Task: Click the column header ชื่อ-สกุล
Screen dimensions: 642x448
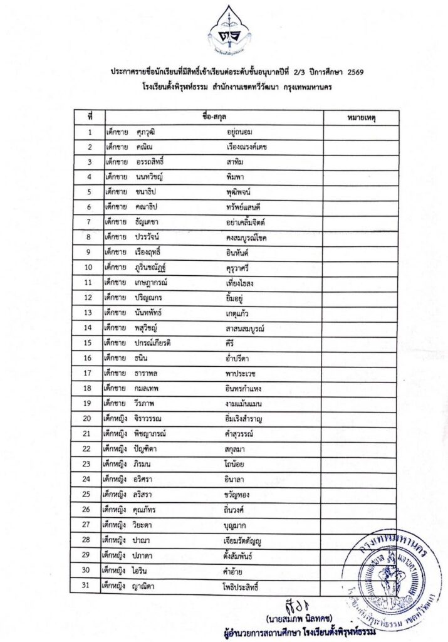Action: pos(213,117)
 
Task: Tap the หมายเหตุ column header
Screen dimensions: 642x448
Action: pos(364,117)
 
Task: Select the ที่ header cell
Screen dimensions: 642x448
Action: pos(90,117)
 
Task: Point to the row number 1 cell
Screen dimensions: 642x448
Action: pos(90,132)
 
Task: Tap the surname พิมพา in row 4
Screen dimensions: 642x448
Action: pos(236,177)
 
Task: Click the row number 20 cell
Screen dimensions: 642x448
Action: pos(90,418)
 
